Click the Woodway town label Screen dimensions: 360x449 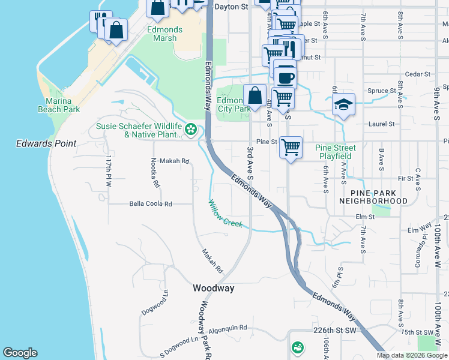click(x=213, y=289)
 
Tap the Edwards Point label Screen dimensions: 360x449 click(x=46, y=144)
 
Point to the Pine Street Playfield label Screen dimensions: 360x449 click(x=336, y=152)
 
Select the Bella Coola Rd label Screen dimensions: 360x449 click(x=151, y=204)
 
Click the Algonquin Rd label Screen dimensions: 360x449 click(x=228, y=328)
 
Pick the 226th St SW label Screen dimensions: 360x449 click(x=335, y=331)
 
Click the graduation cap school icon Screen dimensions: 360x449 click(x=344, y=104)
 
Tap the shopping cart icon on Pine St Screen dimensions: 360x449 click(x=291, y=146)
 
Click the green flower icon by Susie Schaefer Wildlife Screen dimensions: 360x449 click(x=191, y=129)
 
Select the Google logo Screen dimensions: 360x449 click(x=20, y=353)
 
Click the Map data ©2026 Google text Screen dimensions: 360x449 click(x=411, y=355)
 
